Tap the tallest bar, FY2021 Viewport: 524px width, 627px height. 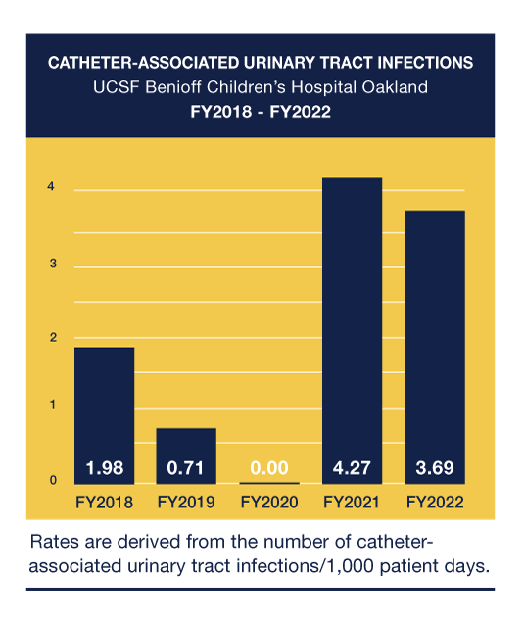(352, 323)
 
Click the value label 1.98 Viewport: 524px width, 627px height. (105, 468)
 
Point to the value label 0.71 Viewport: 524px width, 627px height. (187, 468)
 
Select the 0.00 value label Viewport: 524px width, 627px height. (269, 468)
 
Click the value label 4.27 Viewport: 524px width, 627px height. (352, 468)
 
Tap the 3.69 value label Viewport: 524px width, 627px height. (434, 468)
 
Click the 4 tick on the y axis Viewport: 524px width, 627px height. (52, 188)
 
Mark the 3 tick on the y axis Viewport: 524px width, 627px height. (52, 265)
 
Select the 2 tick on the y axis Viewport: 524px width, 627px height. (52, 338)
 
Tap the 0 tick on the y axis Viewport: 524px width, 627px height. (52, 480)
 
